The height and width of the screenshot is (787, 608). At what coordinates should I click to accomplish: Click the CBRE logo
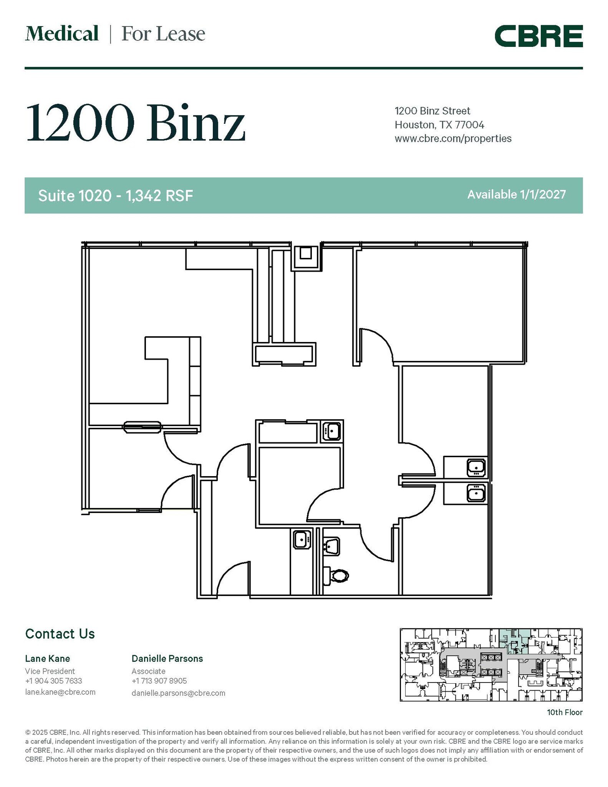coord(538,36)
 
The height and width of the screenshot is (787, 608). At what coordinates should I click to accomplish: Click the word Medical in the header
coord(62,34)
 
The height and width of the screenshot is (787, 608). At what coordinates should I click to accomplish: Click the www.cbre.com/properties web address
coord(453,138)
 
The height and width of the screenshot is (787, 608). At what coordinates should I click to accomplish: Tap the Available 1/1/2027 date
coord(516,194)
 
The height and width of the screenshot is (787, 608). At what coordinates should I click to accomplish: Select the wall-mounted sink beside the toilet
coord(331,546)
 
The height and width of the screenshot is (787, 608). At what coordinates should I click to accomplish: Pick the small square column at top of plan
coord(306,254)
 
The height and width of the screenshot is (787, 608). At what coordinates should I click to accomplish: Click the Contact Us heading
coord(60,634)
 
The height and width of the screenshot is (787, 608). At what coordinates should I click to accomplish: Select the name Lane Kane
coord(48,659)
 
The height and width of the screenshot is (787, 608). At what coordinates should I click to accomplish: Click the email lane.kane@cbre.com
coord(60,692)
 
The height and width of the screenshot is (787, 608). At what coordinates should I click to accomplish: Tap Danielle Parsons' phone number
coord(159,681)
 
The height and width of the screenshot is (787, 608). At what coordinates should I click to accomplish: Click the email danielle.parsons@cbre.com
coord(178,693)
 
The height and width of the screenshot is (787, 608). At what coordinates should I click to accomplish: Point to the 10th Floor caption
coord(565,712)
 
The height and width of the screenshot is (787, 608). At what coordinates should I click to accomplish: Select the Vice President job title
coord(50,671)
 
